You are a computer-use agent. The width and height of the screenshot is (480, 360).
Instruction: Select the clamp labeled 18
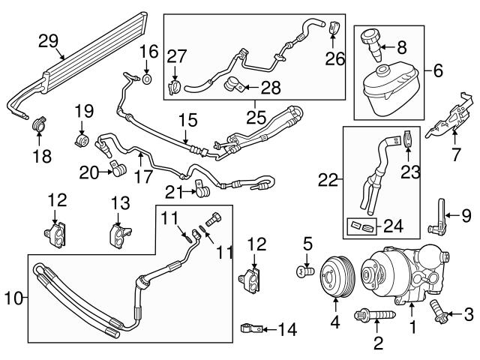38,122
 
